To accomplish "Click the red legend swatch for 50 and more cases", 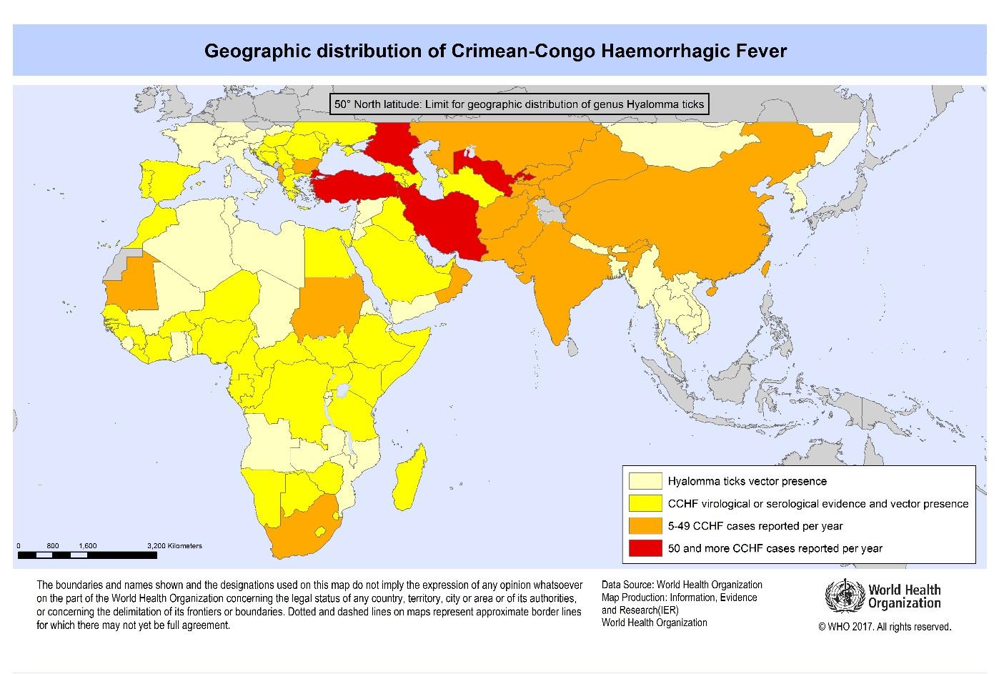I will tap(645, 548).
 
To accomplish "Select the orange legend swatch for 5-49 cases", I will tap(645, 526).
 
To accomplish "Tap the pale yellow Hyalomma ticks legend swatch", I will tap(645, 481).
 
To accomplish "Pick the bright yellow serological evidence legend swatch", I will tap(645, 503).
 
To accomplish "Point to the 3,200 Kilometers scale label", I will tap(174, 545).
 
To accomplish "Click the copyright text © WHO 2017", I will tap(885, 627).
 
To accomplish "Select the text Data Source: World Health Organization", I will tap(681, 585).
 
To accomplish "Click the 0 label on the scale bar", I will tap(19, 545).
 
